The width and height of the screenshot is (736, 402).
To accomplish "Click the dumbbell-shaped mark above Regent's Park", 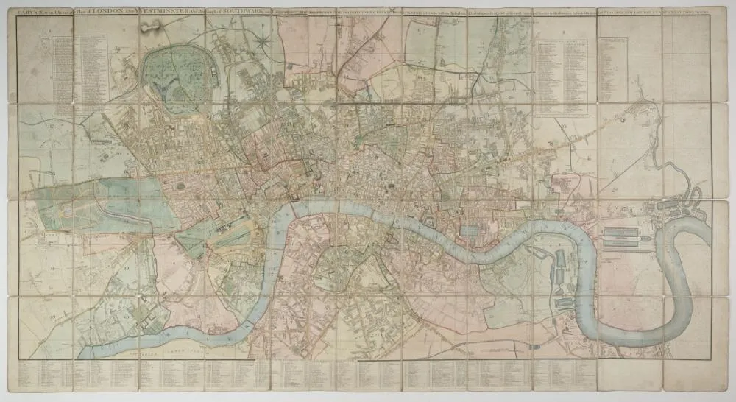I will (x=151, y=26).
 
